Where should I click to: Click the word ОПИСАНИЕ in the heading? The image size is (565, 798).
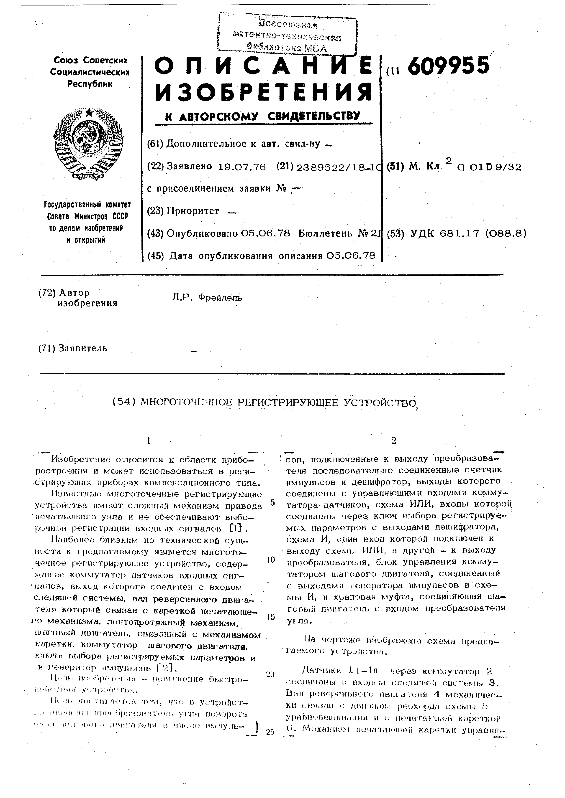coord(263,66)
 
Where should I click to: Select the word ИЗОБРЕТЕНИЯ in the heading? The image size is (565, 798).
coord(263,92)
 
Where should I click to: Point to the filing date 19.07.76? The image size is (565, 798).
coord(242,167)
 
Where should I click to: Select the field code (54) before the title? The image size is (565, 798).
coord(123,402)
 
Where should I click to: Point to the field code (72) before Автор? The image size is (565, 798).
coord(47,293)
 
